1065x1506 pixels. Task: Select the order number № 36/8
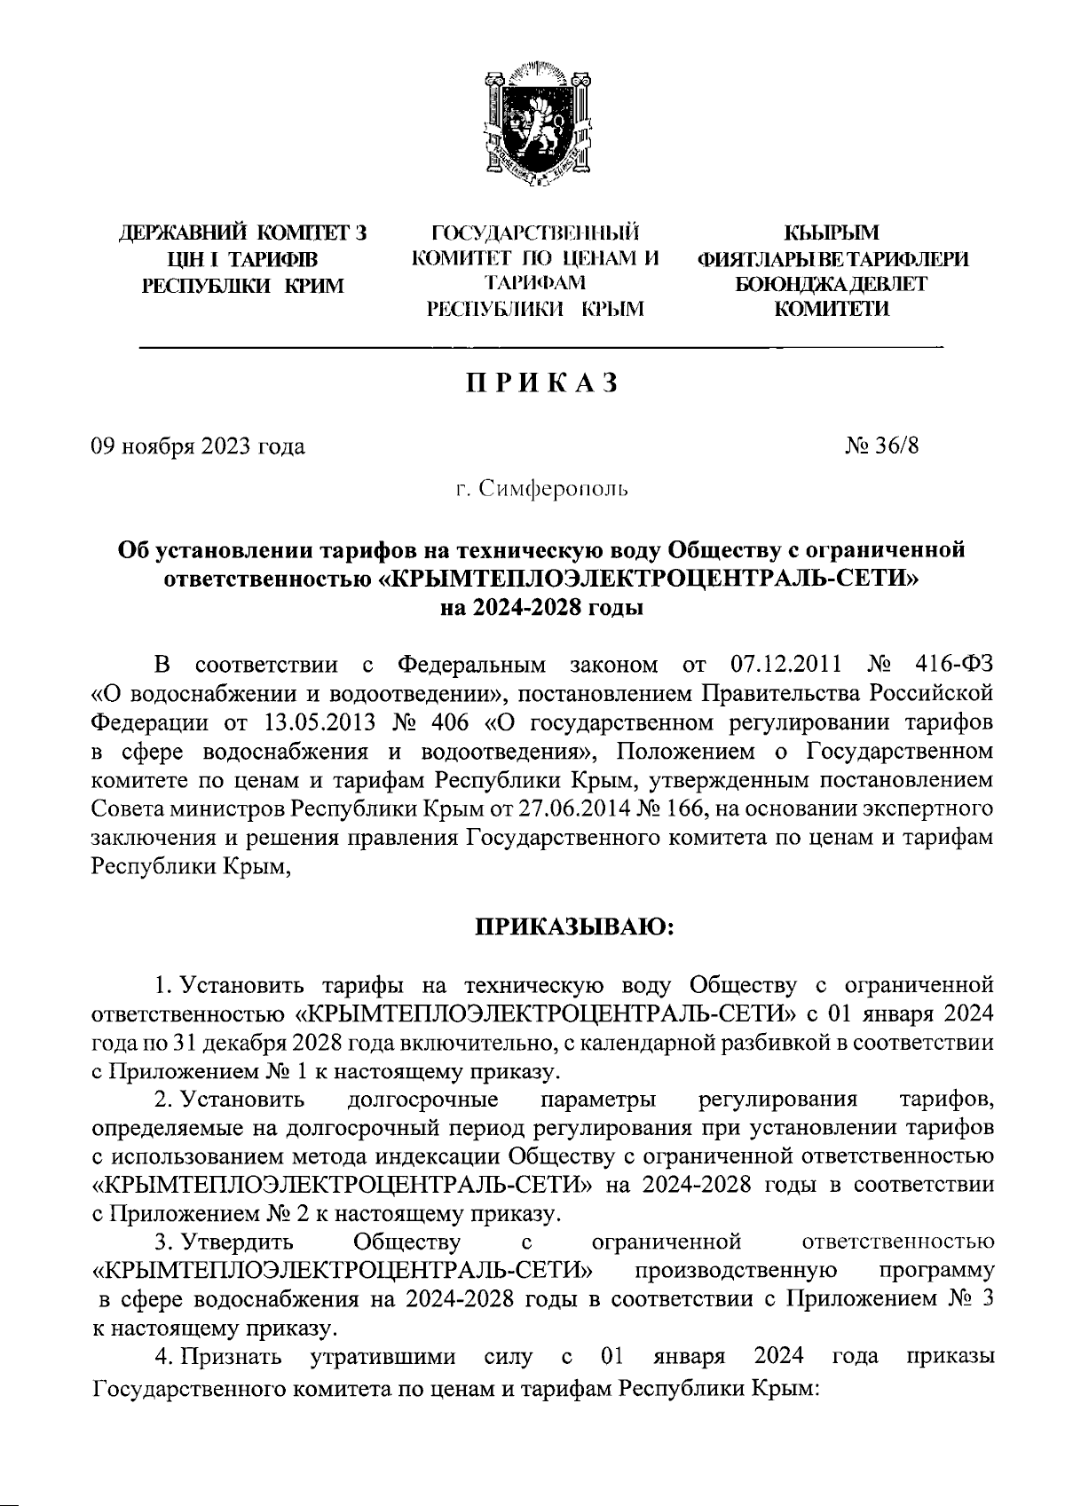click(882, 445)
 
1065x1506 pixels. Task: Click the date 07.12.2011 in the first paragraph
click(782, 665)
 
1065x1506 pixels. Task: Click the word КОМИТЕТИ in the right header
click(832, 309)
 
